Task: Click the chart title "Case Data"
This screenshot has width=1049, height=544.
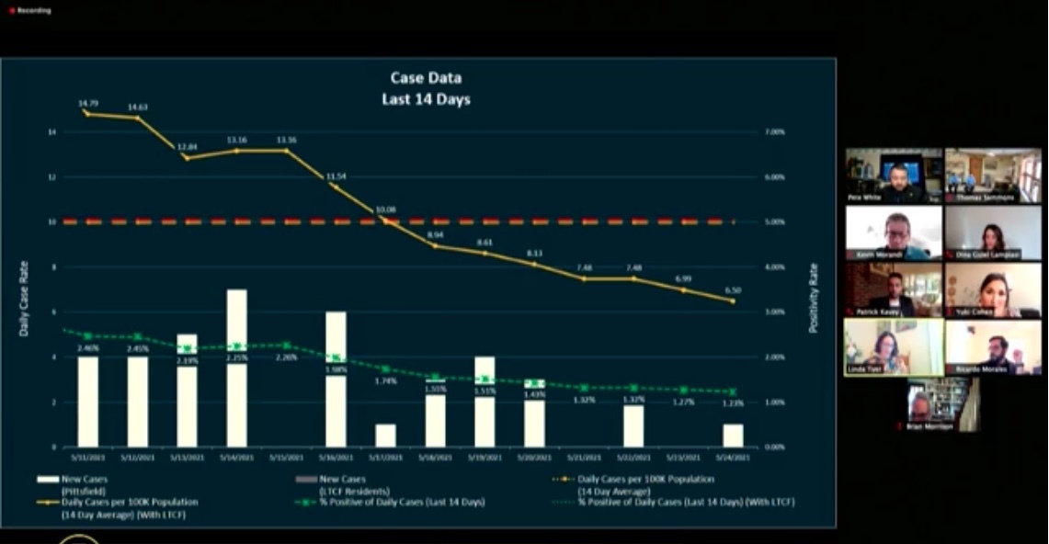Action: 426,78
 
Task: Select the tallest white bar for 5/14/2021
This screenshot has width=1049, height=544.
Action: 236,368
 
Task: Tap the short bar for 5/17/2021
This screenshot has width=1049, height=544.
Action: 385,435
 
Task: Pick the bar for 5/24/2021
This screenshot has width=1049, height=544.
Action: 733,435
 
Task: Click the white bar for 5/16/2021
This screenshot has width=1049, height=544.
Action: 336,379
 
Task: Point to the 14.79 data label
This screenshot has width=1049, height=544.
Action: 87,104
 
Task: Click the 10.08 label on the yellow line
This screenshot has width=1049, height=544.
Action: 385,210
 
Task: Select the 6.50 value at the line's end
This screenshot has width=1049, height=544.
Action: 733,289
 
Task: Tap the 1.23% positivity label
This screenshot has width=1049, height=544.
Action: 733,404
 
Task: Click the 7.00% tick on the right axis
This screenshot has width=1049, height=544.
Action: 775,132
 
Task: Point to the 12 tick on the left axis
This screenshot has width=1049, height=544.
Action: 51,177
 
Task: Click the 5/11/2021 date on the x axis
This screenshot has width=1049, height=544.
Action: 87,458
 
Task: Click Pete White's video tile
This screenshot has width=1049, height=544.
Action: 894,176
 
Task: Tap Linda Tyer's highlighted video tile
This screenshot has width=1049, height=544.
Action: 894,347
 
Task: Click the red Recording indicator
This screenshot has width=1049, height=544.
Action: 29,10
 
